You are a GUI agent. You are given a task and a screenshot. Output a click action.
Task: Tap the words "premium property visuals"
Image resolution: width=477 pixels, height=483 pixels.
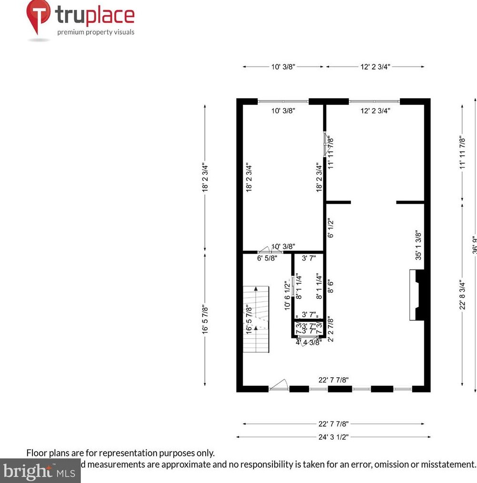click(96, 32)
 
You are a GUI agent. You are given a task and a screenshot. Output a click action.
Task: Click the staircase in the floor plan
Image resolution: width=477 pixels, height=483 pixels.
click(256, 319)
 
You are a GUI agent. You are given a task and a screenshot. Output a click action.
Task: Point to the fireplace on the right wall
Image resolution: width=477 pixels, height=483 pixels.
click(418, 295)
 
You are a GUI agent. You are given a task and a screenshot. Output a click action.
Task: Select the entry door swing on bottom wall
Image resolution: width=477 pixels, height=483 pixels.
click(279, 385)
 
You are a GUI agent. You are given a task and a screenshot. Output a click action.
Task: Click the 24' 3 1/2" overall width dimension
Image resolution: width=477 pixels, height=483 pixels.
click(333, 437)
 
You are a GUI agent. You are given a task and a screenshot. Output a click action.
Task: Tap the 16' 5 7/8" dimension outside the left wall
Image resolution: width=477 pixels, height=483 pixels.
click(205, 320)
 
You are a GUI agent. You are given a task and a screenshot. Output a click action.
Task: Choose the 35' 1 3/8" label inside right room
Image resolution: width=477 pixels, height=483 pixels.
click(418, 245)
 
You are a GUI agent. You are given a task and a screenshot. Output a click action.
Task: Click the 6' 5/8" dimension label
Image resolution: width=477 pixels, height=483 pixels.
click(267, 258)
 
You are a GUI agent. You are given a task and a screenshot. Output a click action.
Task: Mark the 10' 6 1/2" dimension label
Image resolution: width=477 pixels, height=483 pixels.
click(287, 295)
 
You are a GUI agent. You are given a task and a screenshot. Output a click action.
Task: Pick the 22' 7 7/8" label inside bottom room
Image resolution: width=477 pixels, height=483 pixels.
click(334, 380)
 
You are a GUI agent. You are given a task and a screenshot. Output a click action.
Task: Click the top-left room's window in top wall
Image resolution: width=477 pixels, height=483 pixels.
click(283, 101)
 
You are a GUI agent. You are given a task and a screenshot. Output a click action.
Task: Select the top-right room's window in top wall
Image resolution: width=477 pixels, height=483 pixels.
click(374, 101)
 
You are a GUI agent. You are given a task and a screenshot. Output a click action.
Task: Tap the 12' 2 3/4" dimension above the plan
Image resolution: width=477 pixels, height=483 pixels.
click(375, 67)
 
